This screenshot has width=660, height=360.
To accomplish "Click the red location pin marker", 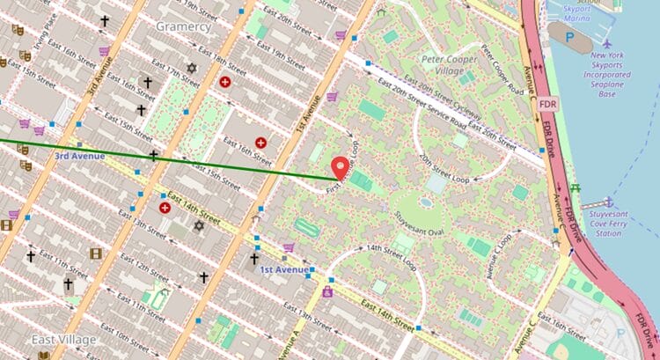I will point(340,167).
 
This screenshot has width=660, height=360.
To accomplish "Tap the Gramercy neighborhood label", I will point(183,26).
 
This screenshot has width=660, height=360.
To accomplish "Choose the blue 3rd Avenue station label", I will point(79,156).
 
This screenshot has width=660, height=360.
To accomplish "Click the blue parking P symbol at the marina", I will point(571,39).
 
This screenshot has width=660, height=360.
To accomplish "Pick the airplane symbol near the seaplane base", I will point(606,42).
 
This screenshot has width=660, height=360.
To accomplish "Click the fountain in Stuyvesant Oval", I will point(426,202).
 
